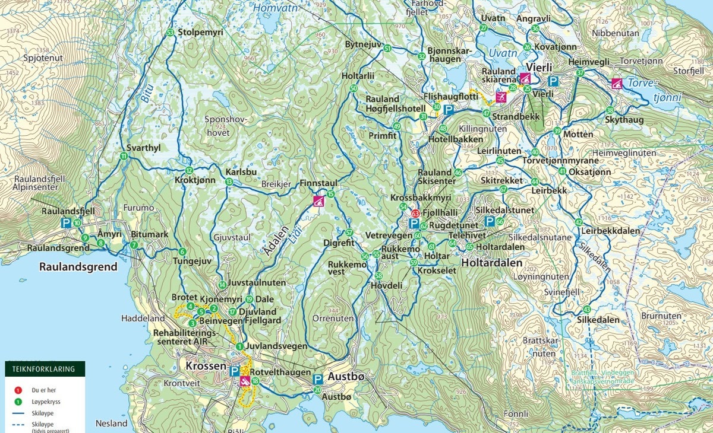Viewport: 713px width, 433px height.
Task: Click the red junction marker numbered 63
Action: pyautogui.click(x=415, y=214)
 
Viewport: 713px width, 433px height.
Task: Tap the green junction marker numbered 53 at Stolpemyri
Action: pyautogui.click(x=171, y=33)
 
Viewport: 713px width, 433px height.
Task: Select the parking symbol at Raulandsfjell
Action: pyautogui.click(x=67, y=223)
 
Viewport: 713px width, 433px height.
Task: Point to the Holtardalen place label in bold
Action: pyautogui.click(x=492, y=263)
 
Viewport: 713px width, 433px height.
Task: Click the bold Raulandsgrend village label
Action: pyautogui.click(x=78, y=266)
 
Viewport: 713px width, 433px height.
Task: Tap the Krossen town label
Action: pyautogui.click(x=206, y=366)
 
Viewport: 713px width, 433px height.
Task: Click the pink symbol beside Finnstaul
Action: pyautogui.click(x=318, y=201)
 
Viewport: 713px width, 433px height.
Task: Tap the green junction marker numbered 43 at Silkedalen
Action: pyautogui.click(x=586, y=309)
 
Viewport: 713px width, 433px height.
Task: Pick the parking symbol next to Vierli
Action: pyautogui.click(x=553, y=81)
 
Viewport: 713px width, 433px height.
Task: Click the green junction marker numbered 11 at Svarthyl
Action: pyautogui.click(x=124, y=156)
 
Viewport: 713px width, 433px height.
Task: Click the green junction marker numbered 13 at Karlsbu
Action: pyautogui.click(x=229, y=182)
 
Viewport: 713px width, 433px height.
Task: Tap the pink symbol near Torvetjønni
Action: pyautogui.click(x=617, y=83)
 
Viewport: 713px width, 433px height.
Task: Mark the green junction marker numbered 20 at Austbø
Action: pyautogui.click(x=317, y=390)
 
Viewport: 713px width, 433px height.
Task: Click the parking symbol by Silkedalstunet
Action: pyautogui.click(x=490, y=221)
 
